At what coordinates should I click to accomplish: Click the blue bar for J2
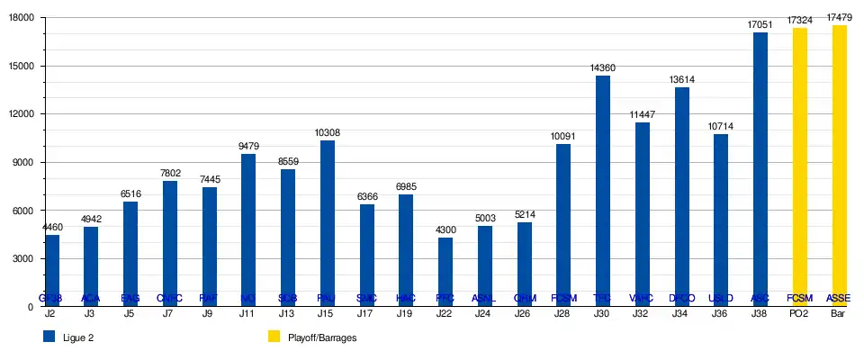[52, 270]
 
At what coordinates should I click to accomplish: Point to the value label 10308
[328, 133]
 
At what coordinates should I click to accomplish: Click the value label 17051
[760, 25]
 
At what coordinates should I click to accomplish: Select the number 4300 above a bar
[445, 229]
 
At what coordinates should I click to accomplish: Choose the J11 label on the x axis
[248, 314]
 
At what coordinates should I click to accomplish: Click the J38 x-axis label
[760, 314]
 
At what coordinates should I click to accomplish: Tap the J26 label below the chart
[524, 314]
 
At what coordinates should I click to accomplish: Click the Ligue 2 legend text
[79, 337]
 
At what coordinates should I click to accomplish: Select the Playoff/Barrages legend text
[322, 337]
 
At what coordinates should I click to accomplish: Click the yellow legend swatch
[274, 337]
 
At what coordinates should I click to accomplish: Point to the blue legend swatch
[49, 337]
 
